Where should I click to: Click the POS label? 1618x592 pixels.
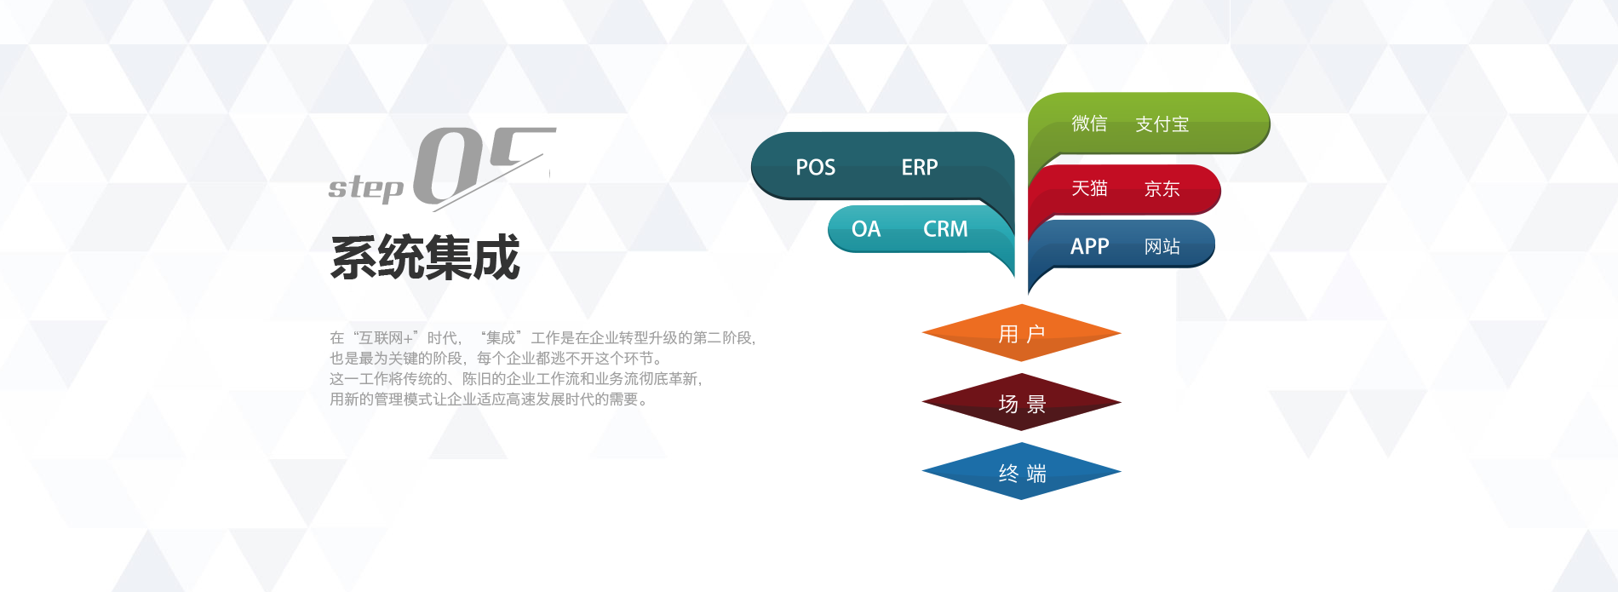pyautogui.click(x=815, y=167)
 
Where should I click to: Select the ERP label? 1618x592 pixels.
pyautogui.click(x=920, y=167)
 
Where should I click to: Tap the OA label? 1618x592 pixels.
pyautogui.click(x=866, y=229)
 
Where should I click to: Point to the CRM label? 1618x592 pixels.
pyautogui.click(x=945, y=229)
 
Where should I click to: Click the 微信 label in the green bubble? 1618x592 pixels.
pyautogui.click(x=1089, y=124)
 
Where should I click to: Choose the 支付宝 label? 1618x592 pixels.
pyautogui.click(x=1162, y=124)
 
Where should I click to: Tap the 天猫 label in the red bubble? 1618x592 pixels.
pyautogui.click(x=1089, y=188)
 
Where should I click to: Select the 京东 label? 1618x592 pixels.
pyautogui.click(x=1162, y=189)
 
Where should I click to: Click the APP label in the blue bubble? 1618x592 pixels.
pyautogui.click(x=1089, y=246)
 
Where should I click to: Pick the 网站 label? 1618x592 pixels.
pyautogui.click(x=1162, y=246)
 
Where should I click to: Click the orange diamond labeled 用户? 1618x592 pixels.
pyautogui.click(x=1021, y=333)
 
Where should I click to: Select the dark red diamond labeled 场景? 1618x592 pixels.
pyautogui.click(x=1021, y=402)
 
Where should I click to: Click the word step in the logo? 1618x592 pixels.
pyautogui.click(x=366, y=187)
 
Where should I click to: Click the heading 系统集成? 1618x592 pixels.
pyautogui.click(x=425, y=257)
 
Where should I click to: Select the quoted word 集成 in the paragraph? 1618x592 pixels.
pyautogui.click(x=501, y=338)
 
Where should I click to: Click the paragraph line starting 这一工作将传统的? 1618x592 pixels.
pyautogui.click(x=516, y=379)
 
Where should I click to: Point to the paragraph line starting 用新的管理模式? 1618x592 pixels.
pyautogui.click(x=489, y=399)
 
